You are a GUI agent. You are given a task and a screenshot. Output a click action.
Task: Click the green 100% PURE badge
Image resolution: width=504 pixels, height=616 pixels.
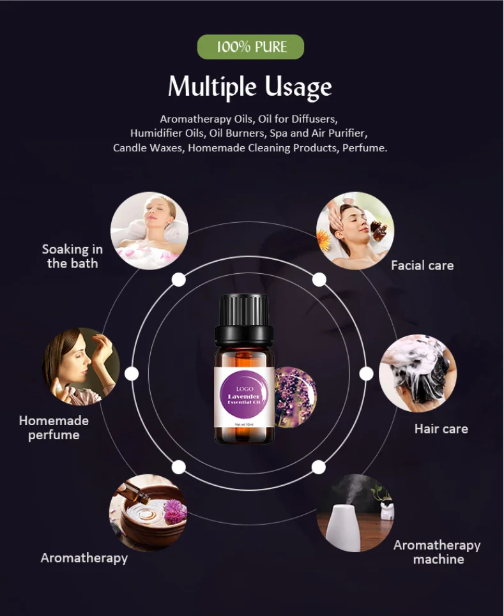[250, 47]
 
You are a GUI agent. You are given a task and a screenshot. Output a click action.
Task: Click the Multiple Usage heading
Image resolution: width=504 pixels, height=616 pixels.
[250, 86]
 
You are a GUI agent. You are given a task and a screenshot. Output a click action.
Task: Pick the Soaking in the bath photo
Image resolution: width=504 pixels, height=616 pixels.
[149, 230]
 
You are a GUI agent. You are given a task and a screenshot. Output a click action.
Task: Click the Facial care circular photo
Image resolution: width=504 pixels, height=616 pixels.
[355, 230]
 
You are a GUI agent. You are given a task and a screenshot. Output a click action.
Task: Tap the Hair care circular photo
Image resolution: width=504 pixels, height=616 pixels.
[418, 373]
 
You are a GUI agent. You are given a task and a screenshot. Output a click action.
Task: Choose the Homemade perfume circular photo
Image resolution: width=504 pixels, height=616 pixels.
[81, 366]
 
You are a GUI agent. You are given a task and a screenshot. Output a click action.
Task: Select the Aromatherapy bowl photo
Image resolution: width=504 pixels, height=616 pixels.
[148, 513]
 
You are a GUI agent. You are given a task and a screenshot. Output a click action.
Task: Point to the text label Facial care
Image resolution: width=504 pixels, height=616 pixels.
[422, 265]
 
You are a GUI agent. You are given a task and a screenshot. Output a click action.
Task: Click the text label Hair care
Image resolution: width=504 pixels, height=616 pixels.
[441, 428]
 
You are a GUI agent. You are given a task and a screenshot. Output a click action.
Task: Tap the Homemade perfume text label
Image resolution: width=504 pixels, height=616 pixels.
[54, 428]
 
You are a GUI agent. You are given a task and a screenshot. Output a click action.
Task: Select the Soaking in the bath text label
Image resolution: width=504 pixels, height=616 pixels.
[72, 255]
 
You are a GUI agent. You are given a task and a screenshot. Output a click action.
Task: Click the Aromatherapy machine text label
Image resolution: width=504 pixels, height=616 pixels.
[437, 552]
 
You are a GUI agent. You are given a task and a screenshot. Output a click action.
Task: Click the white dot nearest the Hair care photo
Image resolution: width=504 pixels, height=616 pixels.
[366, 373]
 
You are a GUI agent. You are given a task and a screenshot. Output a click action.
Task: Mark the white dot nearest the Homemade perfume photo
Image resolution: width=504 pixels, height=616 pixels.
[132, 373]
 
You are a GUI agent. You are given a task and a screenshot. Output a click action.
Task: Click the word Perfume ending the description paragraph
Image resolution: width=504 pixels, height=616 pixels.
[365, 147]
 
